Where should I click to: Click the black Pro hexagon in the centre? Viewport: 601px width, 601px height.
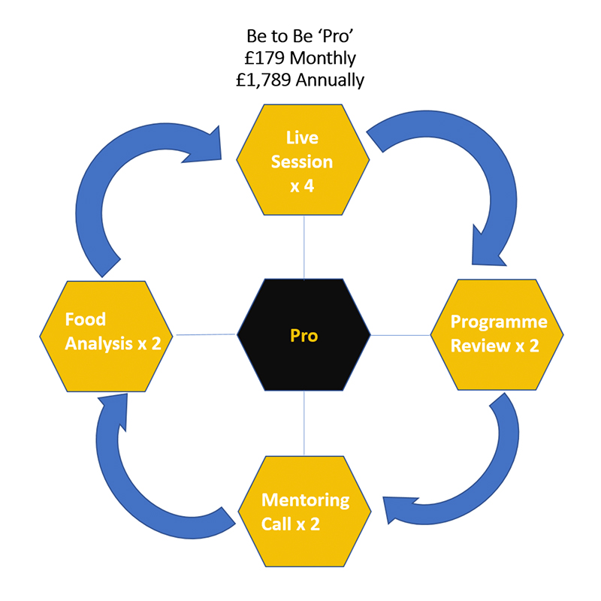(304, 335)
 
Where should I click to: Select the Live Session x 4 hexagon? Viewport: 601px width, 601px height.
(304, 161)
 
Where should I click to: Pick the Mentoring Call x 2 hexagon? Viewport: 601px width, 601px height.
(304, 511)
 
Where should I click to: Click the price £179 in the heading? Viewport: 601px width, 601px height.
(264, 58)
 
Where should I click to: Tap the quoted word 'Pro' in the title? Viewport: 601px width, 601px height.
(339, 36)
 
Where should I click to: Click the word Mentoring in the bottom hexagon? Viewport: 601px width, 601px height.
(305, 500)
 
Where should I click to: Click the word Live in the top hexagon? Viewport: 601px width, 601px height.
(303, 138)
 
